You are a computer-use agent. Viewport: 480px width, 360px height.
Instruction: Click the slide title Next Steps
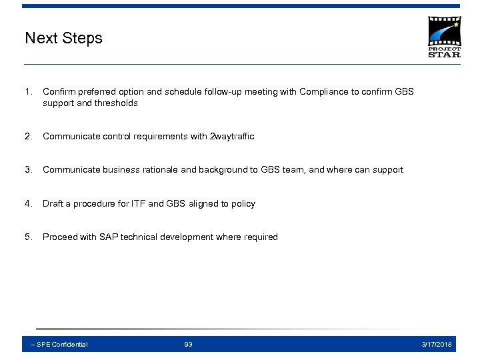[63, 38]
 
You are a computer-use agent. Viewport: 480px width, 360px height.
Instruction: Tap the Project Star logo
[443, 37]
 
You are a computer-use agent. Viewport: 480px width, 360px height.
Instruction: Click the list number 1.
[28, 91]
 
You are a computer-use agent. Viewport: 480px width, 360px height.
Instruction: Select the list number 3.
[28, 170]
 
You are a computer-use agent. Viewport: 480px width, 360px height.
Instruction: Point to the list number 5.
[28, 237]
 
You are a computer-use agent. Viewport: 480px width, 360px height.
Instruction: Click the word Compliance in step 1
[323, 91]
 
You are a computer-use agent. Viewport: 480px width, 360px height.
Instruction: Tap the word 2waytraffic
[232, 137]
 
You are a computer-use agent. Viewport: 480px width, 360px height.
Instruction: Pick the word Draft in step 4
[53, 204]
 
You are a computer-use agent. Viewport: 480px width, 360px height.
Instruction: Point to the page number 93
[188, 345]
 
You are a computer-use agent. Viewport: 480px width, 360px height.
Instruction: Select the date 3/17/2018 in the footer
[437, 345]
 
